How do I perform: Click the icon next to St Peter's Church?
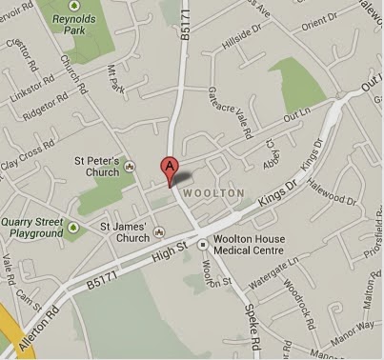point(129,171)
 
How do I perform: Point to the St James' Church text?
point(125,233)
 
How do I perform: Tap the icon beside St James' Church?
point(158,230)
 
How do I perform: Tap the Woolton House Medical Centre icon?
point(202,244)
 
